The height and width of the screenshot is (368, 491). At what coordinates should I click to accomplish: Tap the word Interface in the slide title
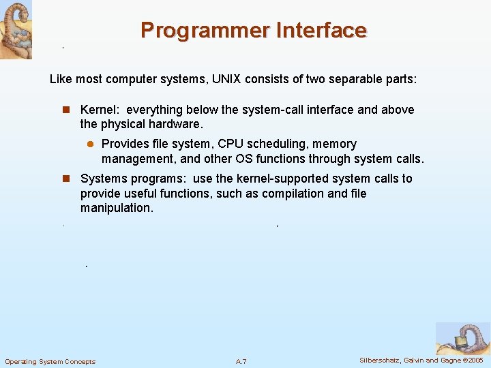coord(322,31)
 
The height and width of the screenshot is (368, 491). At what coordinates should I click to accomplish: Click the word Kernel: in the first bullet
coord(100,110)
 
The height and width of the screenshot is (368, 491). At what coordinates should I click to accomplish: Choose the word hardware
coord(175,124)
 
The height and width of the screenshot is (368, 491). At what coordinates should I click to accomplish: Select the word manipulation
coord(115,208)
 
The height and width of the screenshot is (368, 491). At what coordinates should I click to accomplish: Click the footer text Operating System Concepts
coord(50,361)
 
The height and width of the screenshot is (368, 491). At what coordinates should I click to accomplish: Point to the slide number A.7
coord(241,361)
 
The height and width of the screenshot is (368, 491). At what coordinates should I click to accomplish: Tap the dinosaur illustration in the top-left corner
coord(16,29)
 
